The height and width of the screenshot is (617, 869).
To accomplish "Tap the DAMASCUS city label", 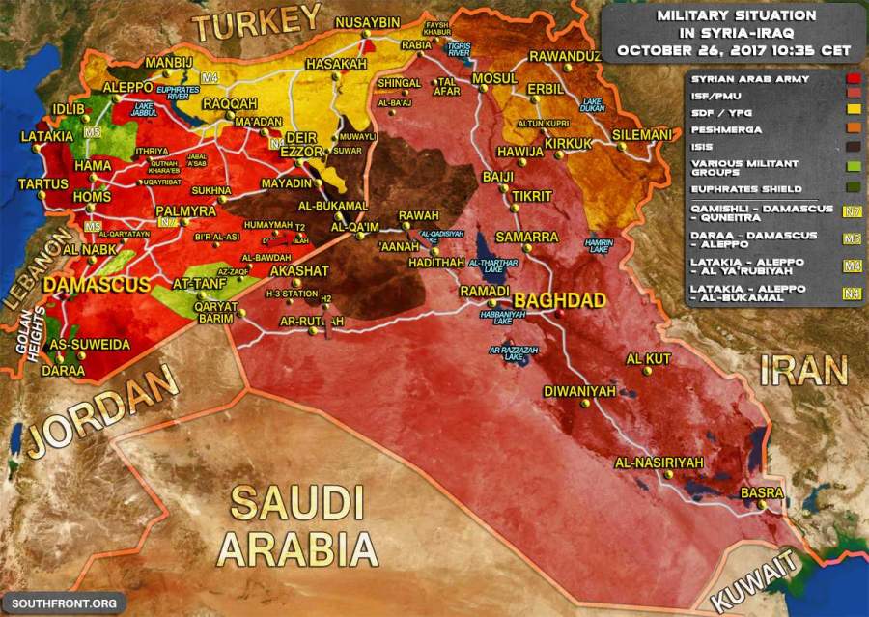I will coord(96,285).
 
